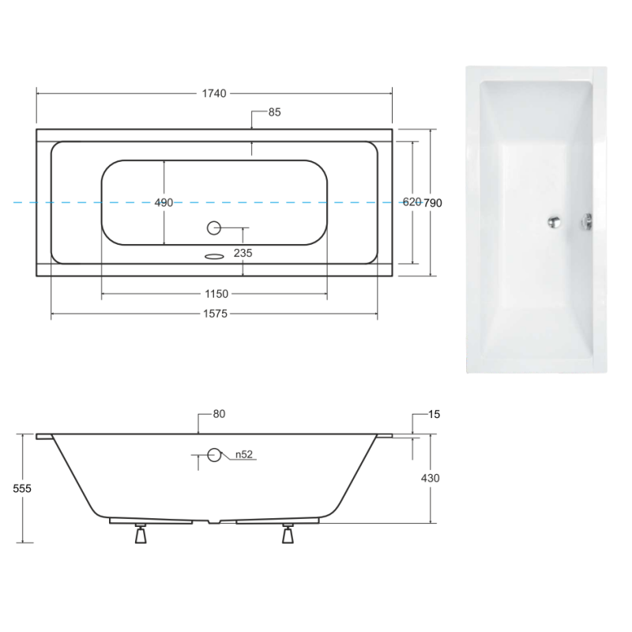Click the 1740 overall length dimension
pyautogui.click(x=214, y=93)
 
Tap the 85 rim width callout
pyautogui.click(x=274, y=112)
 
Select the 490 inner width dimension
pyautogui.click(x=164, y=203)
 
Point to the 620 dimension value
pyautogui.click(x=412, y=202)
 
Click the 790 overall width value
pyautogui.click(x=433, y=203)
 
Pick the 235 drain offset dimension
pyautogui.click(x=243, y=253)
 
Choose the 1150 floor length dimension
pyautogui.click(x=216, y=294)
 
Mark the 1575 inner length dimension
pyautogui.click(x=215, y=314)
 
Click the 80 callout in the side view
pyautogui.click(x=219, y=414)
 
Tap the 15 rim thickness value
pyautogui.click(x=434, y=414)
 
